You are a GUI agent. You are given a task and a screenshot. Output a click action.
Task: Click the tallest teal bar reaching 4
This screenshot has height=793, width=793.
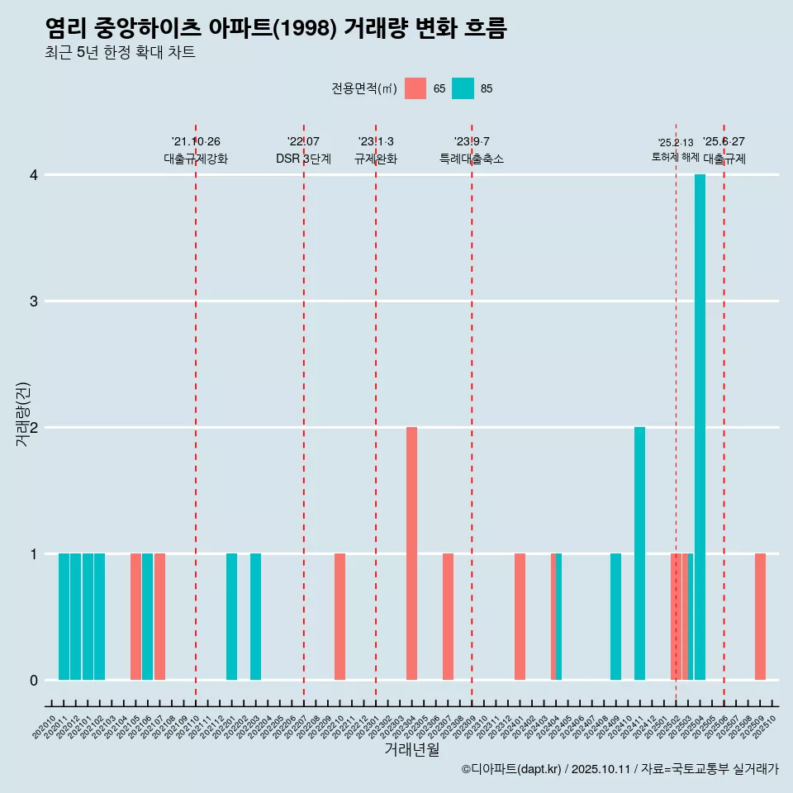pyautogui.click(x=700, y=427)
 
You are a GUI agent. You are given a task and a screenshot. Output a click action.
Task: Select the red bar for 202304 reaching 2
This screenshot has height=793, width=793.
pyautogui.click(x=411, y=553)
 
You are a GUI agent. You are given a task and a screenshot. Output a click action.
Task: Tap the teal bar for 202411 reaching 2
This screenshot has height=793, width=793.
pyautogui.click(x=639, y=553)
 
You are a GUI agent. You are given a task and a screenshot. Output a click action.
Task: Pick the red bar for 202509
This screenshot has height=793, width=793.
pyautogui.click(x=760, y=616)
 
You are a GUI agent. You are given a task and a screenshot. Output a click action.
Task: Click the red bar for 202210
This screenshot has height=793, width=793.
pyautogui.click(x=340, y=616)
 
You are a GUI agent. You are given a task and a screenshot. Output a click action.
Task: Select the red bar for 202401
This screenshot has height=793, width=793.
pyautogui.click(x=520, y=616)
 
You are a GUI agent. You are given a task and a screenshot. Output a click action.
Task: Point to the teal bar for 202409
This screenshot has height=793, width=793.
pyautogui.click(x=615, y=616)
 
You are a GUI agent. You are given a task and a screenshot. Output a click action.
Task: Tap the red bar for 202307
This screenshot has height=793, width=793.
pyautogui.click(x=448, y=616)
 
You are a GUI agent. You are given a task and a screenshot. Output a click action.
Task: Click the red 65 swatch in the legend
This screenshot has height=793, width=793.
pyautogui.click(x=415, y=88)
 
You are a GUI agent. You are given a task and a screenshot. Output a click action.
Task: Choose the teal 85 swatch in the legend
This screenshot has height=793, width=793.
pyautogui.click(x=463, y=88)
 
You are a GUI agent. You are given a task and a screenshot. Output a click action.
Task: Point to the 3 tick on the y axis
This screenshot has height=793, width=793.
pyautogui.click(x=34, y=301)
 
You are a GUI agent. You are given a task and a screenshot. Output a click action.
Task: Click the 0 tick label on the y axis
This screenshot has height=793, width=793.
pyautogui.click(x=34, y=680)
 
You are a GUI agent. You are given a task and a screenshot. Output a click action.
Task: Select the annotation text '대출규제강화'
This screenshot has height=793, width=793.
pyautogui.click(x=196, y=159)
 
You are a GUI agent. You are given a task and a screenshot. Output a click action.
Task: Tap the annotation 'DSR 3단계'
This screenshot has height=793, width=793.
pyautogui.click(x=303, y=159)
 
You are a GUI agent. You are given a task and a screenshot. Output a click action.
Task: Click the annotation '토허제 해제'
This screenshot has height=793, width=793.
pyautogui.click(x=676, y=157)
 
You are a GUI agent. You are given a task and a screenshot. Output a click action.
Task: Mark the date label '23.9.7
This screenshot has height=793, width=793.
pyautogui.click(x=472, y=141)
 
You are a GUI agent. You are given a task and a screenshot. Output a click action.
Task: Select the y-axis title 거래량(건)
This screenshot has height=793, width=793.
pyautogui.click(x=23, y=414)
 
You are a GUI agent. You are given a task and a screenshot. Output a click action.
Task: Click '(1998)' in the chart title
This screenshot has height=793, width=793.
pyautogui.click(x=304, y=29)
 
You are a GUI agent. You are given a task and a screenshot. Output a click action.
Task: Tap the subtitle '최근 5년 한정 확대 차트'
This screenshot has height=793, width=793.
pyautogui.click(x=120, y=53)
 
